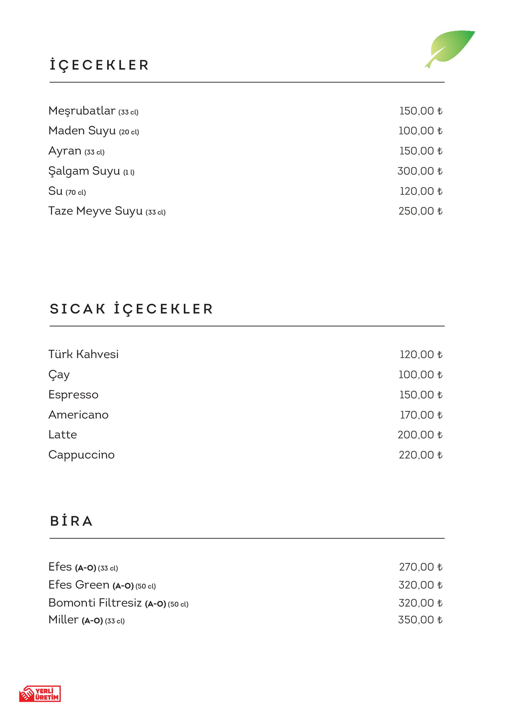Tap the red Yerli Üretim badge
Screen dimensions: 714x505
click(x=40, y=694)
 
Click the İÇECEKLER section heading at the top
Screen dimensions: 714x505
click(x=99, y=65)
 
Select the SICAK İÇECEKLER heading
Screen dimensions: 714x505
click(x=131, y=309)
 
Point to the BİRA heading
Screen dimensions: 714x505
click(x=71, y=521)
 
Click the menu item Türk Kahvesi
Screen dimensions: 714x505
click(x=83, y=354)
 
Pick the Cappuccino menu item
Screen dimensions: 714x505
click(x=82, y=455)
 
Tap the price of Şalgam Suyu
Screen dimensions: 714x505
click(x=420, y=171)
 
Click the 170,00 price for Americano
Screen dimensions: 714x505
click(x=421, y=415)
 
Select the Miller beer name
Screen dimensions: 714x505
click(x=64, y=619)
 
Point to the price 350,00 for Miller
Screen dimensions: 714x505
click(x=420, y=620)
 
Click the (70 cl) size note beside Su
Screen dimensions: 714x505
click(x=75, y=193)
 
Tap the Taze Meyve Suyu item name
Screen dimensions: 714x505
click(x=95, y=211)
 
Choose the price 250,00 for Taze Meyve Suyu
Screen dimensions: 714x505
click(x=420, y=211)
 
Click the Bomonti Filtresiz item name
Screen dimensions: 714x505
click(x=95, y=603)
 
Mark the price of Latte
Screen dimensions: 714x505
click(x=420, y=435)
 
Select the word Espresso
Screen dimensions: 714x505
click(x=73, y=395)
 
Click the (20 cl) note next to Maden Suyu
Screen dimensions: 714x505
click(x=129, y=132)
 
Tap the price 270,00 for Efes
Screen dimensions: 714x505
click(x=420, y=567)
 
